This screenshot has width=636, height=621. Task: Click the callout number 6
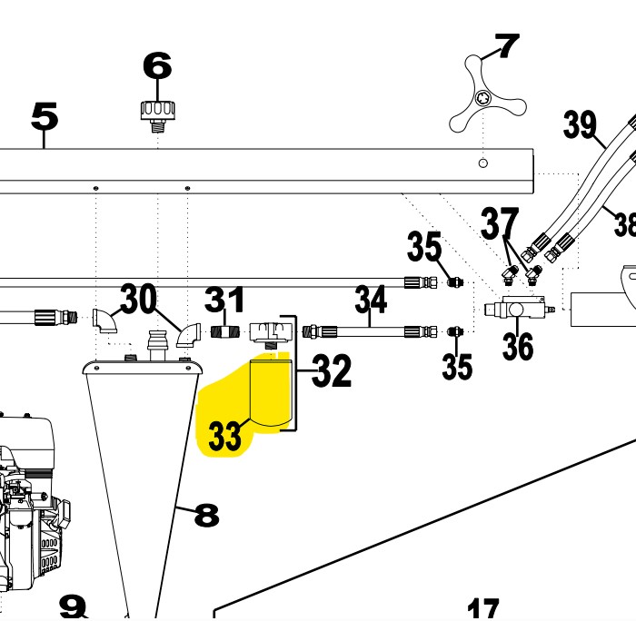[x=157, y=65]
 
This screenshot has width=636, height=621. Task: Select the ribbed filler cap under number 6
[x=158, y=116]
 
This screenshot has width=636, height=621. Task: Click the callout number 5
[x=45, y=116]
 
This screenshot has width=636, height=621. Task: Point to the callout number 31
[x=224, y=299]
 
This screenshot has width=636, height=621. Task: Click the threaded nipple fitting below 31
[x=225, y=333]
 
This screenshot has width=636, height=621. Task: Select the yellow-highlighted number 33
[x=224, y=436]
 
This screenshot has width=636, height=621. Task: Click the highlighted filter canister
[x=271, y=393]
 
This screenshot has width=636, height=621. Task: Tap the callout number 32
[x=332, y=370]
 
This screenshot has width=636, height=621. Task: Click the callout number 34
[x=371, y=299]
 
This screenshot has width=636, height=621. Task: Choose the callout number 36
[x=518, y=346]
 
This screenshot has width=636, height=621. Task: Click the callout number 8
[x=207, y=515]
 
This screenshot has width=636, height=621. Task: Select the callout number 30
[x=138, y=298]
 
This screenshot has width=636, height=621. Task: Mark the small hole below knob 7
[x=482, y=163]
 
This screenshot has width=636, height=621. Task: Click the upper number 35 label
[x=424, y=246]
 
